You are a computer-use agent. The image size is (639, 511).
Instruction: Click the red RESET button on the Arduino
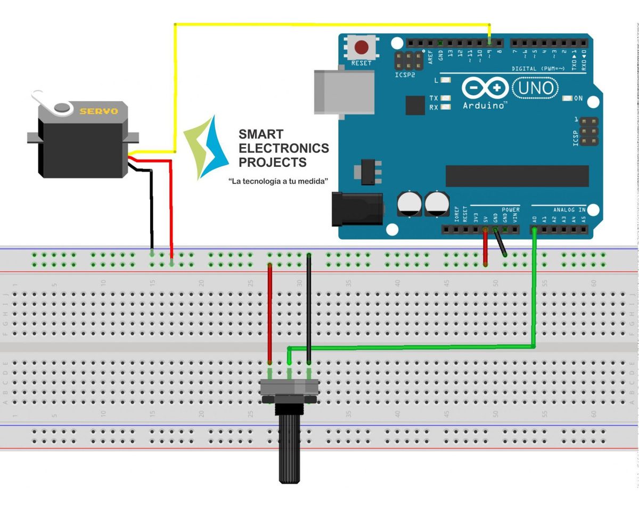[362, 47]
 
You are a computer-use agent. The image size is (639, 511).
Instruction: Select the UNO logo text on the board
[536, 87]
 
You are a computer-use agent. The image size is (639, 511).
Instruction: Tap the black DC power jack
[357, 208]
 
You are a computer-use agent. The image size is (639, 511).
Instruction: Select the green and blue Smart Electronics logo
[206, 147]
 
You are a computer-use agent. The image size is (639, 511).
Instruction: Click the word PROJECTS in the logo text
[273, 163]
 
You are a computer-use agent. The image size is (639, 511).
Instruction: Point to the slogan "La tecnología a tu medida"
[277, 182]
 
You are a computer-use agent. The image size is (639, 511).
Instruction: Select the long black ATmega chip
[517, 176]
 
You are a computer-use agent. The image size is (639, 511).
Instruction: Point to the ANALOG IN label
[569, 210]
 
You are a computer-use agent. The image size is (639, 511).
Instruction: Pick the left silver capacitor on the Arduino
[409, 204]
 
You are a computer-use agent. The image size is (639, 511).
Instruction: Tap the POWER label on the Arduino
[510, 210]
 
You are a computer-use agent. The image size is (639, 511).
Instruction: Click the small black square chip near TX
[415, 105]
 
